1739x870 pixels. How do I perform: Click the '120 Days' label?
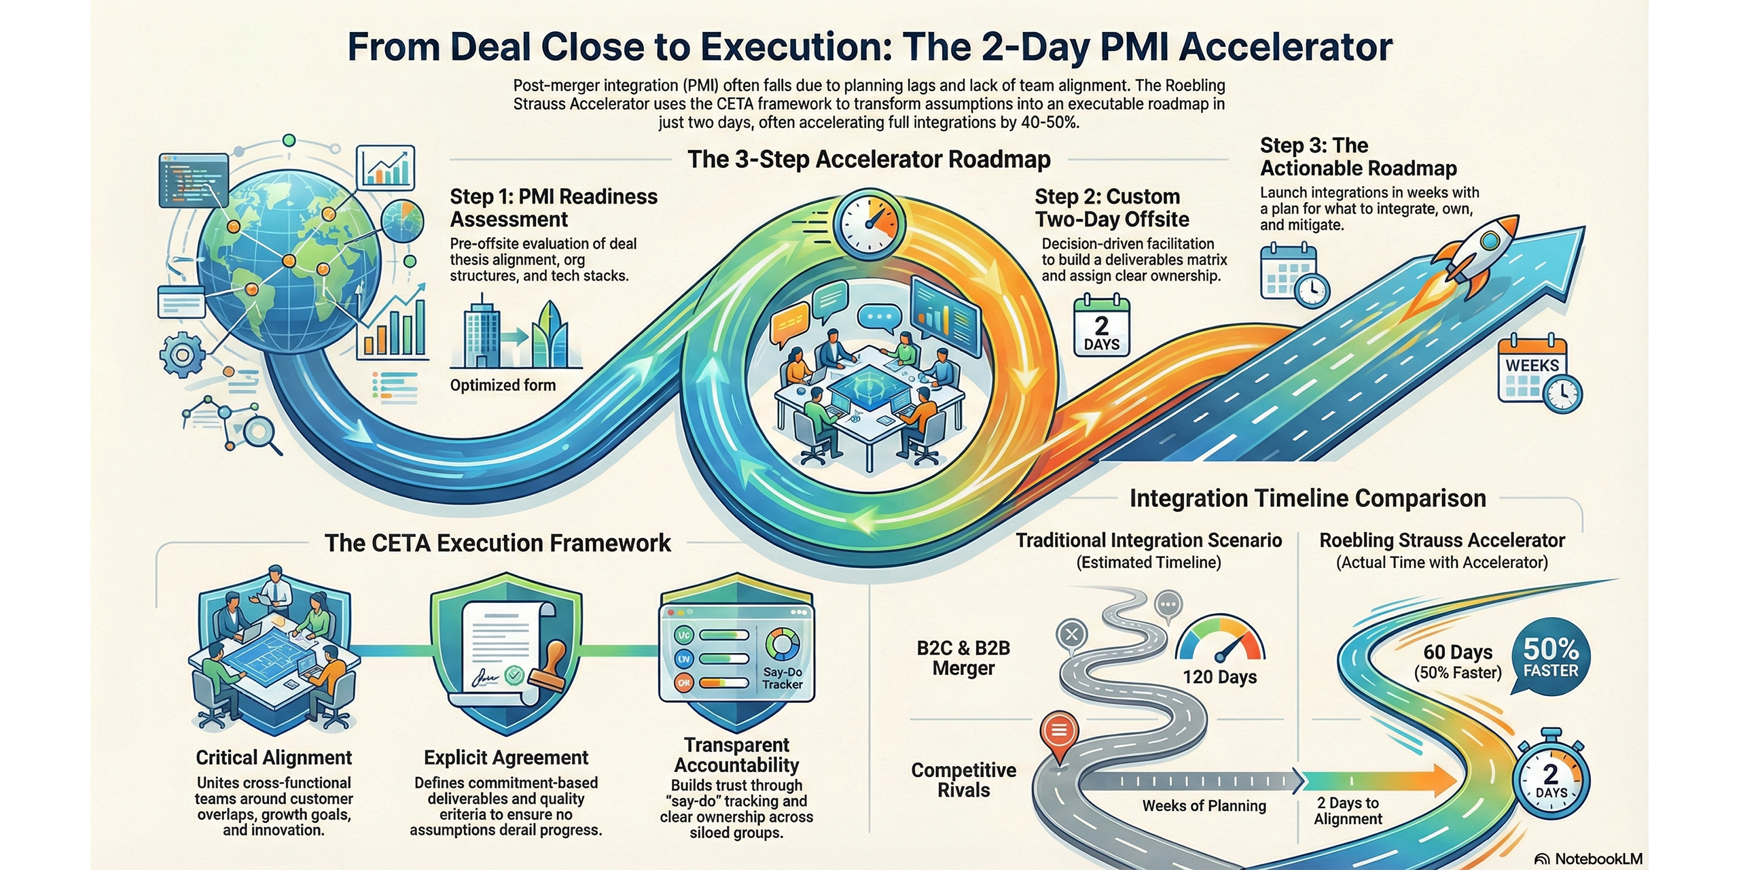click(x=1219, y=677)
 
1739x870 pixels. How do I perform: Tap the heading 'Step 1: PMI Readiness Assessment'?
click(x=553, y=208)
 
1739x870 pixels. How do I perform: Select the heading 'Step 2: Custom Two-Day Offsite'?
click(x=1111, y=208)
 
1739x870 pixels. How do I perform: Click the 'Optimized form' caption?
click(x=503, y=385)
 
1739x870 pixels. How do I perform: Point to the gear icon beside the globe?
click(x=181, y=355)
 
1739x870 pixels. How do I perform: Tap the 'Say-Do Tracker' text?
click(x=782, y=678)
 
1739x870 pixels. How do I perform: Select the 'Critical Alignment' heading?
click(x=274, y=757)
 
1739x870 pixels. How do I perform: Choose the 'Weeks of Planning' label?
click(x=1204, y=806)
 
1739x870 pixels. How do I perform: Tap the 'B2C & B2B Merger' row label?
click(x=963, y=658)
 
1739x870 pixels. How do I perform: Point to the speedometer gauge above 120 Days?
click(x=1220, y=640)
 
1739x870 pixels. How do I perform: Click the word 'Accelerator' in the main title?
click(x=1286, y=48)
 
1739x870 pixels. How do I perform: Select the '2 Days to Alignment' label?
click(x=1348, y=811)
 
